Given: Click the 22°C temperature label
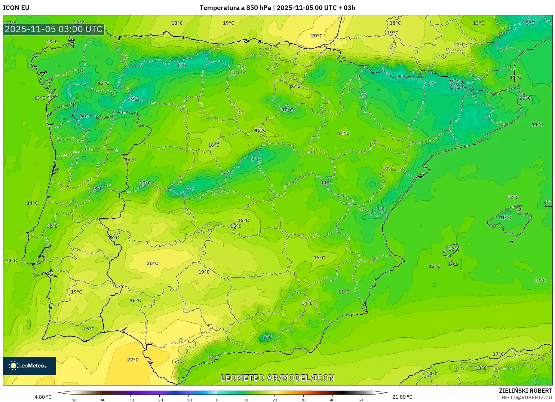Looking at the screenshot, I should tap(133, 360).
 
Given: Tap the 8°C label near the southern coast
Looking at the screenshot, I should tap(267, 337).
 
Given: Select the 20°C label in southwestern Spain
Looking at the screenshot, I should tap(152, 263).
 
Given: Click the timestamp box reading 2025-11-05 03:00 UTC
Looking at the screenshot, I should tap(54, 29).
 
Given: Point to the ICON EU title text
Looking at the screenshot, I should tap(16, 8).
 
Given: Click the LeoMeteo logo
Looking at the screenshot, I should tap(29, 366).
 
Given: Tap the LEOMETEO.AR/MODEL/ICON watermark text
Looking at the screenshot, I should tap(277, 378).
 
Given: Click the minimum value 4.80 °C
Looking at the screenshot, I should tap(43, 397).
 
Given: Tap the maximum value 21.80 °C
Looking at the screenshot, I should tap(402, 397).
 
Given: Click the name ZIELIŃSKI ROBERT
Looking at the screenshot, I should tap(525, 391).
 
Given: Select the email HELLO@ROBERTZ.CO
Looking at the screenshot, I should tap(526, 397).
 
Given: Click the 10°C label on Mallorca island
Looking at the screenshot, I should tap(505, 218).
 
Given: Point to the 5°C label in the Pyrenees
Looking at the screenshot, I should tap(432, 83).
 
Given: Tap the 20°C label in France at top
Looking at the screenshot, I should tap(316, 36).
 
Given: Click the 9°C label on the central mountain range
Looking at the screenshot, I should tap(255, 160).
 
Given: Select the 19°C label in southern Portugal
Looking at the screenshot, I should tap(76, 292).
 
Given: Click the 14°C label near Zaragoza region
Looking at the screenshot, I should tap(344, 133).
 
